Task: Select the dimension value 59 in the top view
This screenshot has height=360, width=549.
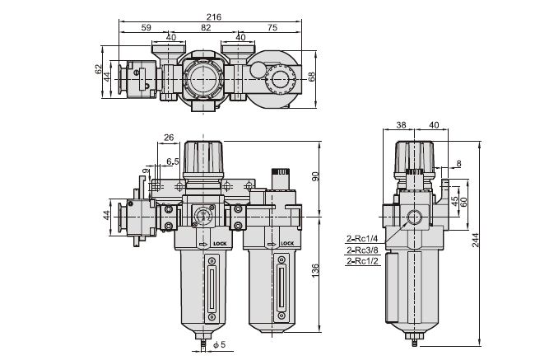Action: click(147, 27)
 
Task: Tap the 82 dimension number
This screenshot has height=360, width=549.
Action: click(206, 27)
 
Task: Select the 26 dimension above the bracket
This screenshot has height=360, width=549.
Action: click(169, 138)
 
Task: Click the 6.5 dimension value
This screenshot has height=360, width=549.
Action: click(173, 161)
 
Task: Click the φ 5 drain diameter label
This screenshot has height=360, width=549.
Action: click(218, 344)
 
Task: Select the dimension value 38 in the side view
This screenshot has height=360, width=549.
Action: click(402, 126)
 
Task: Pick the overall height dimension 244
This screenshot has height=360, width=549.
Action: click(477, 240)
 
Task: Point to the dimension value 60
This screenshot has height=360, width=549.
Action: click(464, 200)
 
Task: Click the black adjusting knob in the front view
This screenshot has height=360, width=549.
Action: click(203, 157)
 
